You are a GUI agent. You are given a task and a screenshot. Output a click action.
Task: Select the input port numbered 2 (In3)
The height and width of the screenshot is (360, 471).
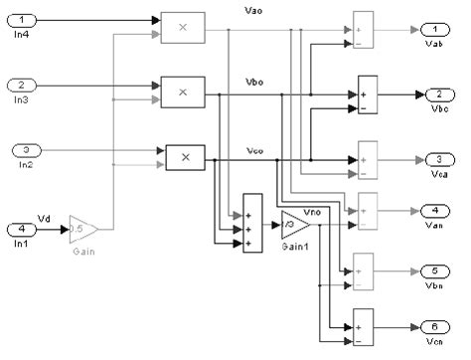[25, 88]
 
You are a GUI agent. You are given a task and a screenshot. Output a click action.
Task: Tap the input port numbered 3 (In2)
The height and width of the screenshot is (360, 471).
[25, 152]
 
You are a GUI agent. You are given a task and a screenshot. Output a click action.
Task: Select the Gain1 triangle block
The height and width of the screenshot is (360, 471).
[294, 225]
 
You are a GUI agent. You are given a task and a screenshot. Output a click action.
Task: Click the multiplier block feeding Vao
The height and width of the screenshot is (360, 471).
[182, 26]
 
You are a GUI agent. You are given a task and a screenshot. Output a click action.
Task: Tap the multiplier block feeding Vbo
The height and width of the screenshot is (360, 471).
[182, 92]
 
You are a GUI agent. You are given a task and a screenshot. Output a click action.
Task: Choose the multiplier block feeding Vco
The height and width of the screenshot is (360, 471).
[184, 157]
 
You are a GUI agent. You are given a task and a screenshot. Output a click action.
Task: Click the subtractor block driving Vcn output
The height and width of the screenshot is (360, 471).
[361, 328]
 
